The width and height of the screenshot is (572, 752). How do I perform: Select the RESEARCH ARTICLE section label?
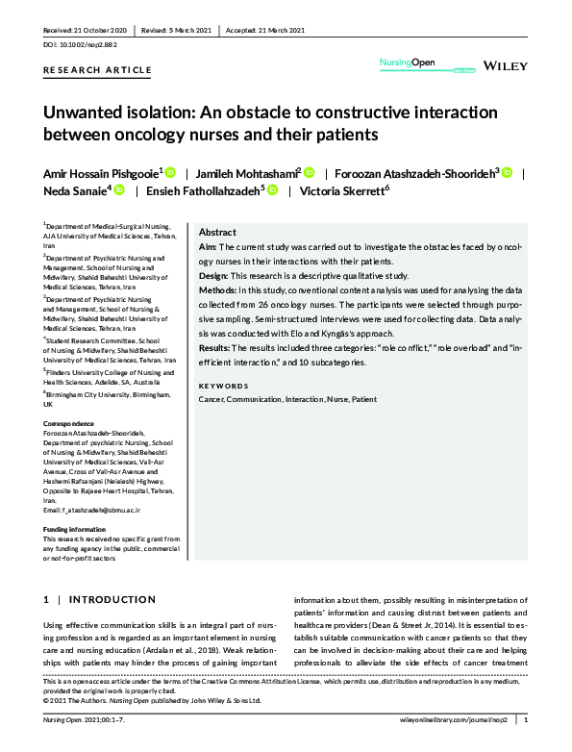97,70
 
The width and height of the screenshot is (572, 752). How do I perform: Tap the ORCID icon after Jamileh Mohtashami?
310,173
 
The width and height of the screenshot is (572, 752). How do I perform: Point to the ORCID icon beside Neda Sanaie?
119,191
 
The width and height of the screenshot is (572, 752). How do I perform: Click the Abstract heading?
217,233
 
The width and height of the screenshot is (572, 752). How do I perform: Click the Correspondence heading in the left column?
69,423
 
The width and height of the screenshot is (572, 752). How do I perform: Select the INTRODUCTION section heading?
99,600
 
